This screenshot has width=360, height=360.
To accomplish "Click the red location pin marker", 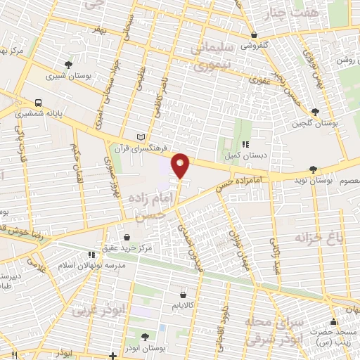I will coord(181,165).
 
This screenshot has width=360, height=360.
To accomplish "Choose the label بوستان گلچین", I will coord(316,123).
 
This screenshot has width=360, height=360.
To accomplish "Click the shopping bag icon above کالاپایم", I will coord(183,295).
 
